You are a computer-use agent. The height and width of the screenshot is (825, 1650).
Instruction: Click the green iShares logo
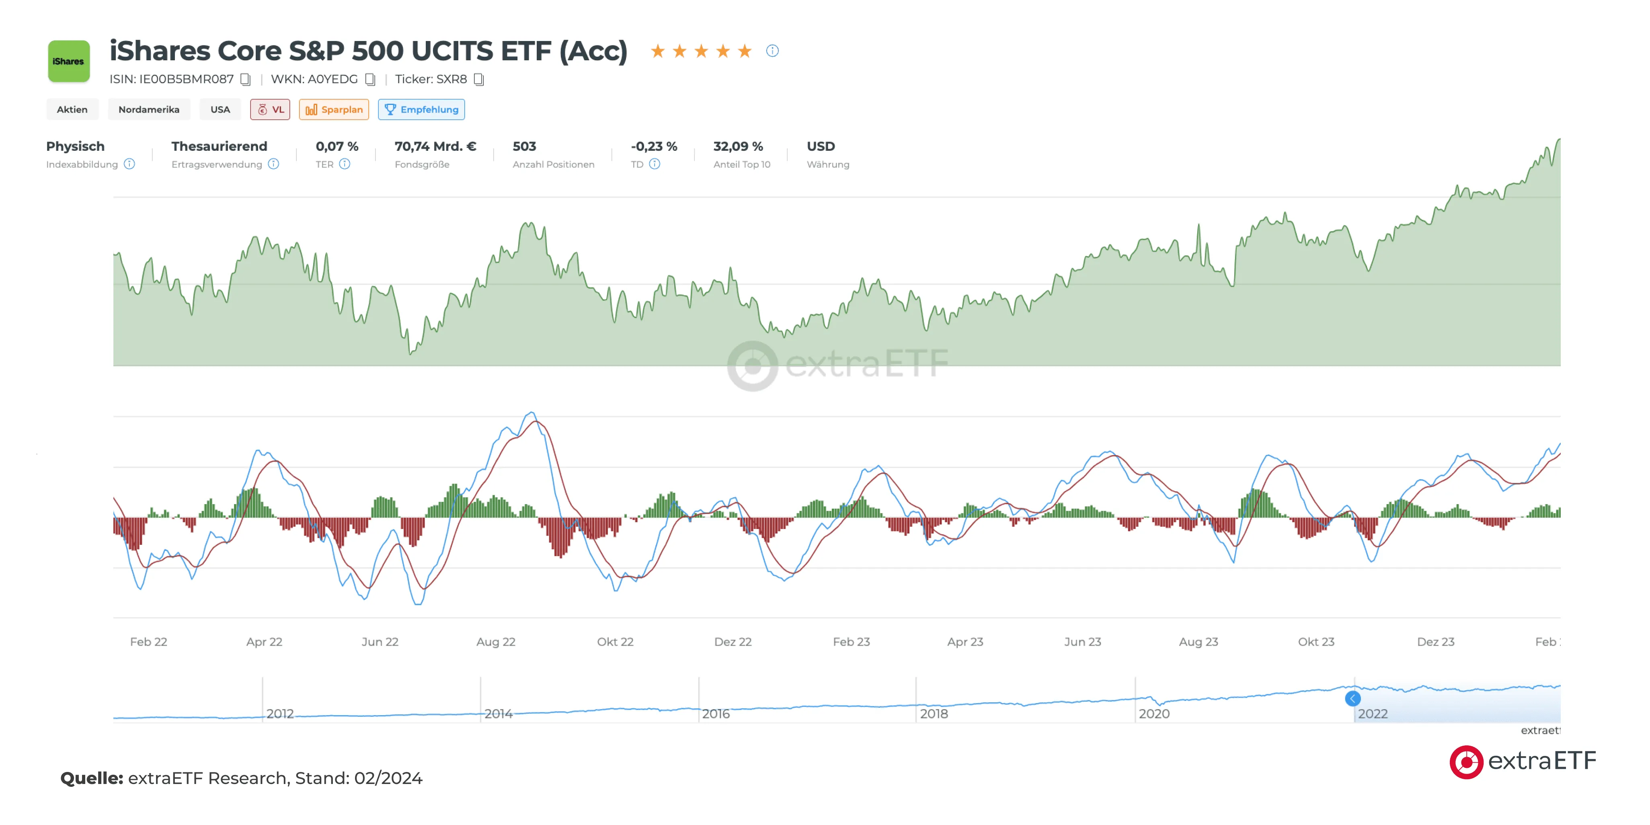click(x=68, y=62)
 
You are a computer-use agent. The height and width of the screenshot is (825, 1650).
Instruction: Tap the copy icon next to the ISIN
click(x=245, y=80)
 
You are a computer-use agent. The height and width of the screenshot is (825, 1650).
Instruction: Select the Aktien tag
click(x=72, y=109)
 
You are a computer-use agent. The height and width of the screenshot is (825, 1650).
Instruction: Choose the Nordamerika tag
click(x=149, y=109)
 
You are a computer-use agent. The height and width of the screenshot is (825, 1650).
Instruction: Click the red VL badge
click(x=270, y=109)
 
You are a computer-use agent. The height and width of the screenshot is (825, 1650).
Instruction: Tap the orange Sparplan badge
click(x=334, y=109)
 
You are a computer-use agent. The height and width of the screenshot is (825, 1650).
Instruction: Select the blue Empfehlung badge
click(x=421, y=109)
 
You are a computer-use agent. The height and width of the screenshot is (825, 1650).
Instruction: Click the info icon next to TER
click(x=345, y=164)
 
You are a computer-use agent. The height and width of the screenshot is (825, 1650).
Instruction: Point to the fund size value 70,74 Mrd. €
click(x=435, y=147)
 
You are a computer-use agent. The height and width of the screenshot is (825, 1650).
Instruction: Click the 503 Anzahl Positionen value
click(x=524, y=147)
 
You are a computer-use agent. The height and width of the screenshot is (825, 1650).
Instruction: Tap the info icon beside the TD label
click(x=654, y=164)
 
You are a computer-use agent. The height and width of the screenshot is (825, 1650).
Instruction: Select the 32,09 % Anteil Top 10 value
click(x=738, y=147)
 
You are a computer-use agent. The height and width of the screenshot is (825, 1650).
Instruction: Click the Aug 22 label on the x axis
click(x=496, y=642)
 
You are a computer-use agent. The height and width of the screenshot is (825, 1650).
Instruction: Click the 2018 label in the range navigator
click(x=934, y=714)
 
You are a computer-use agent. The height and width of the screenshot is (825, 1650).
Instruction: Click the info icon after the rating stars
click(x=772, y=51)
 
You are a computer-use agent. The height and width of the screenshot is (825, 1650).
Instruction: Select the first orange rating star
click(x=657, y=51)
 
